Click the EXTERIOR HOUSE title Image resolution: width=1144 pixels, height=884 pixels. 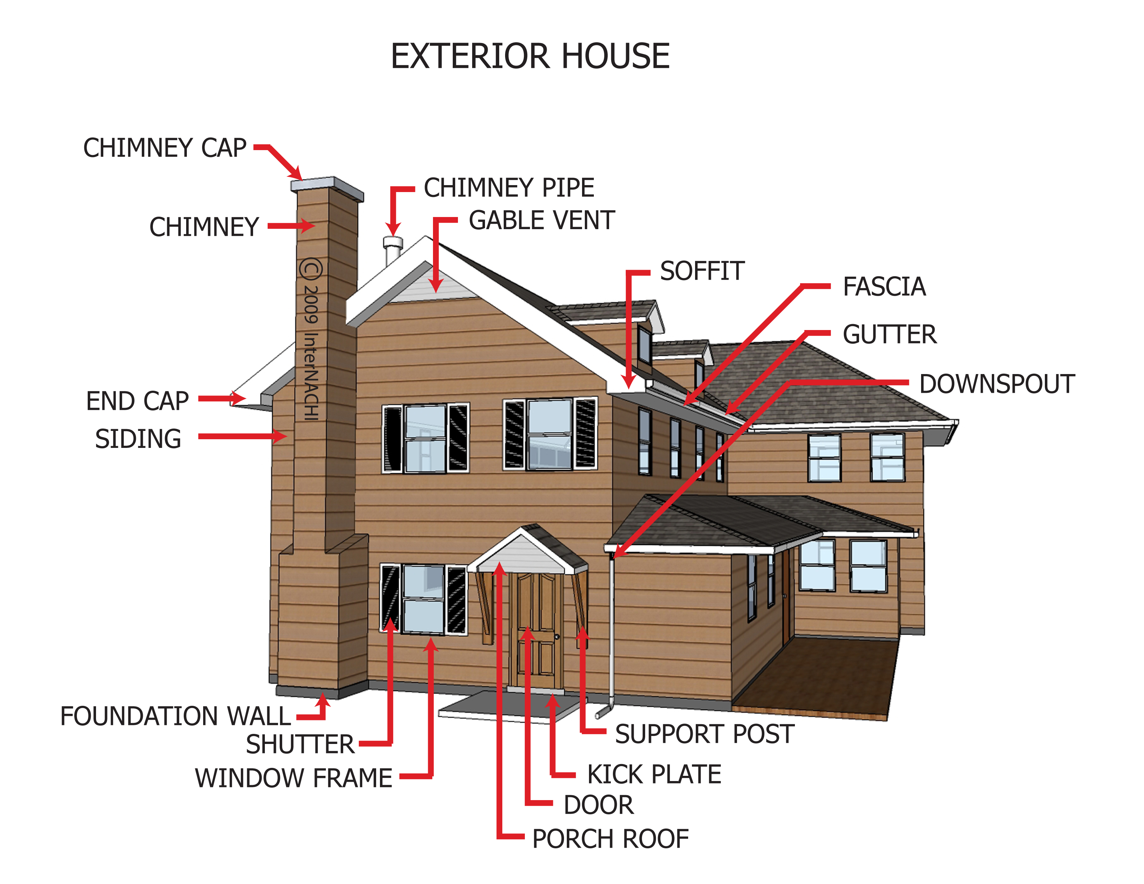point(530,56)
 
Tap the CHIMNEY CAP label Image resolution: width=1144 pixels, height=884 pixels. point(164,148)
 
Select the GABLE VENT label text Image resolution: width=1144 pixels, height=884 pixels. point(541,220)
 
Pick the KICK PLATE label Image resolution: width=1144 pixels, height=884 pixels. point(654,774)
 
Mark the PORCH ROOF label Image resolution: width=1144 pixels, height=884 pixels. point(610,839)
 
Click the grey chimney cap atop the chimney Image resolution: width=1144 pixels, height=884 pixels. point(327,185)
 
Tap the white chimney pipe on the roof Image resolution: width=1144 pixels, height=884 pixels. point(392,250)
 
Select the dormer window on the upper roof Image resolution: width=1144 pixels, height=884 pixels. point(644,346)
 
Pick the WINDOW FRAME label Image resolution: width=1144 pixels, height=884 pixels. point(293,778)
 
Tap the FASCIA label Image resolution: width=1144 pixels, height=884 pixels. point(884,287)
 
